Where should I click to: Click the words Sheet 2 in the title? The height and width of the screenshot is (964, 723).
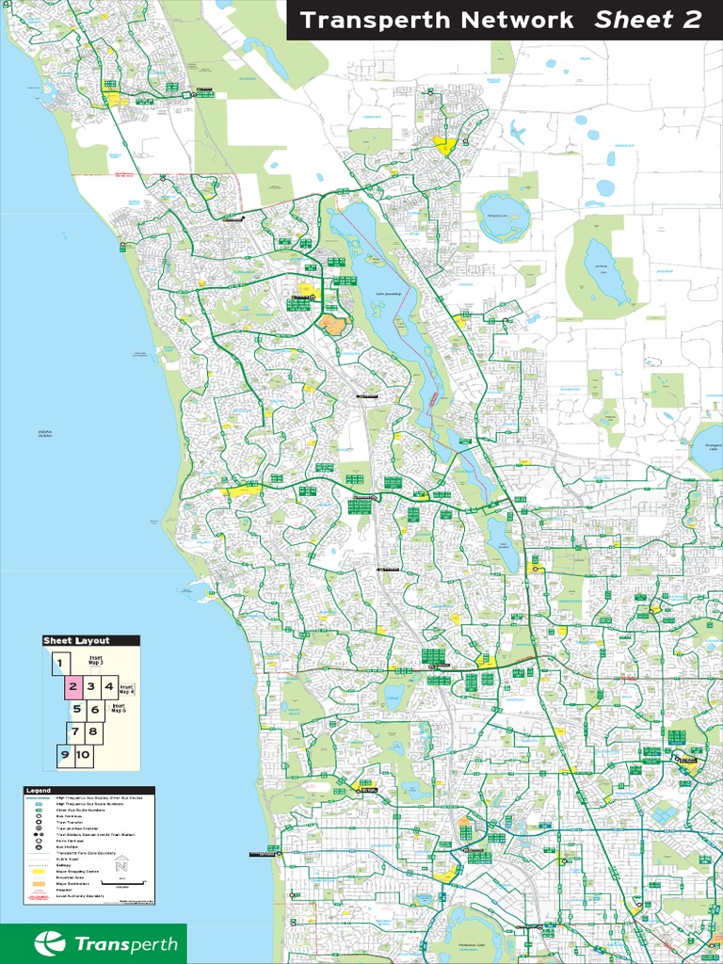click(x=648, y=20)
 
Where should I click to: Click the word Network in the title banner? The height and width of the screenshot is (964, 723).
click(x=506, y=20)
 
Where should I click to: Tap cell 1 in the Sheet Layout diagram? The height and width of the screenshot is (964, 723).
click(x=59, y=664)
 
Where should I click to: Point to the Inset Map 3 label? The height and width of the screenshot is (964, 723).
click(x=95, y=661)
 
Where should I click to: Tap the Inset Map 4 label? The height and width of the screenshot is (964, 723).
click(x=127, y=688)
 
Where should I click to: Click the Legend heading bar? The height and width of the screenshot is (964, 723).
click(x=88, y=790)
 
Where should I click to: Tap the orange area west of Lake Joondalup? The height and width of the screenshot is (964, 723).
click(x=331, y=325)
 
